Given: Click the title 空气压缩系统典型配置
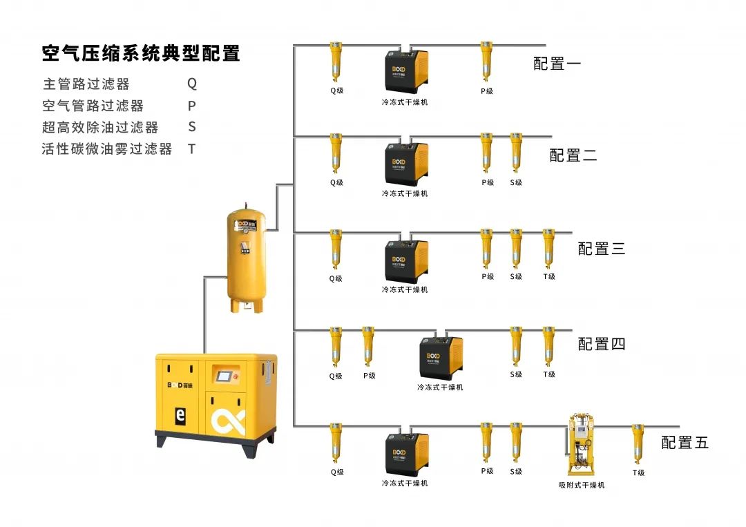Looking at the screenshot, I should point(141,53).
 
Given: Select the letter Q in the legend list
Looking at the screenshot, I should point(192,84).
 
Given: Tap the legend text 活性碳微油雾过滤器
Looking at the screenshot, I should point(107,148).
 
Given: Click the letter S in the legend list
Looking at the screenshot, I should point(192,127).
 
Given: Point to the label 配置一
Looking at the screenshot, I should point(557,64).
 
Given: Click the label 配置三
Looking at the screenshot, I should point(601,249).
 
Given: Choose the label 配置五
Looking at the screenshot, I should point(685,443).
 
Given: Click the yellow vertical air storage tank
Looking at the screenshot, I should point(246,259).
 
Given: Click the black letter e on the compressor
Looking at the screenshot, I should point(180,416).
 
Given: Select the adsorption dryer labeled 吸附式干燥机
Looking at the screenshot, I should point(581,446).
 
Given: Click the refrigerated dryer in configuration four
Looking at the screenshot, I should point(440,357).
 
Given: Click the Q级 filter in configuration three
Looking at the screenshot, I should point(336,249).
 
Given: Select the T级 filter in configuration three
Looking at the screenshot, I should point(548,249).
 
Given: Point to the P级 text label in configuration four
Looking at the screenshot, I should point(370,376).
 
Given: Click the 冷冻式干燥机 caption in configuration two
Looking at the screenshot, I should point(405,193).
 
